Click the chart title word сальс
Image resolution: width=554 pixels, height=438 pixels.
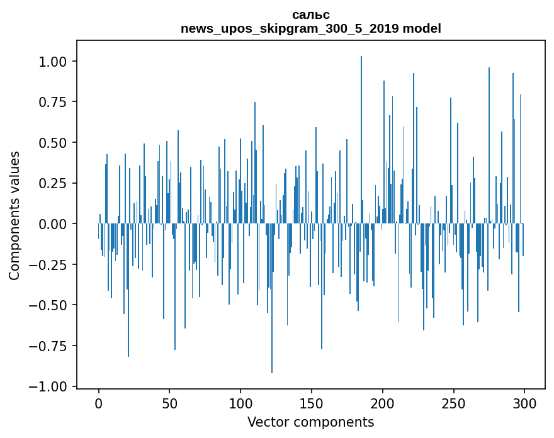pos(310,14)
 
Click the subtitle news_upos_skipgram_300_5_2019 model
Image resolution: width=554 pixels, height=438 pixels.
pos(310,28)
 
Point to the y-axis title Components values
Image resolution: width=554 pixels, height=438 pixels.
pos(14,215)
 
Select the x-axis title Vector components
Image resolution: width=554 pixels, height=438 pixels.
pos(310,422)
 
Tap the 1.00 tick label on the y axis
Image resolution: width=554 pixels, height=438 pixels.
pos(52,62)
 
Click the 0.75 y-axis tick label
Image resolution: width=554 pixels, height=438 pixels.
pos(52,102)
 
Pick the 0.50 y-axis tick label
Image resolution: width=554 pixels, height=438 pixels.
pos(52,143)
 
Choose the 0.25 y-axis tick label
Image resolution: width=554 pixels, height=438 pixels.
pos(52,183)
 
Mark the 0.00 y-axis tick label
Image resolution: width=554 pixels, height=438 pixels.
pos(52,224)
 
